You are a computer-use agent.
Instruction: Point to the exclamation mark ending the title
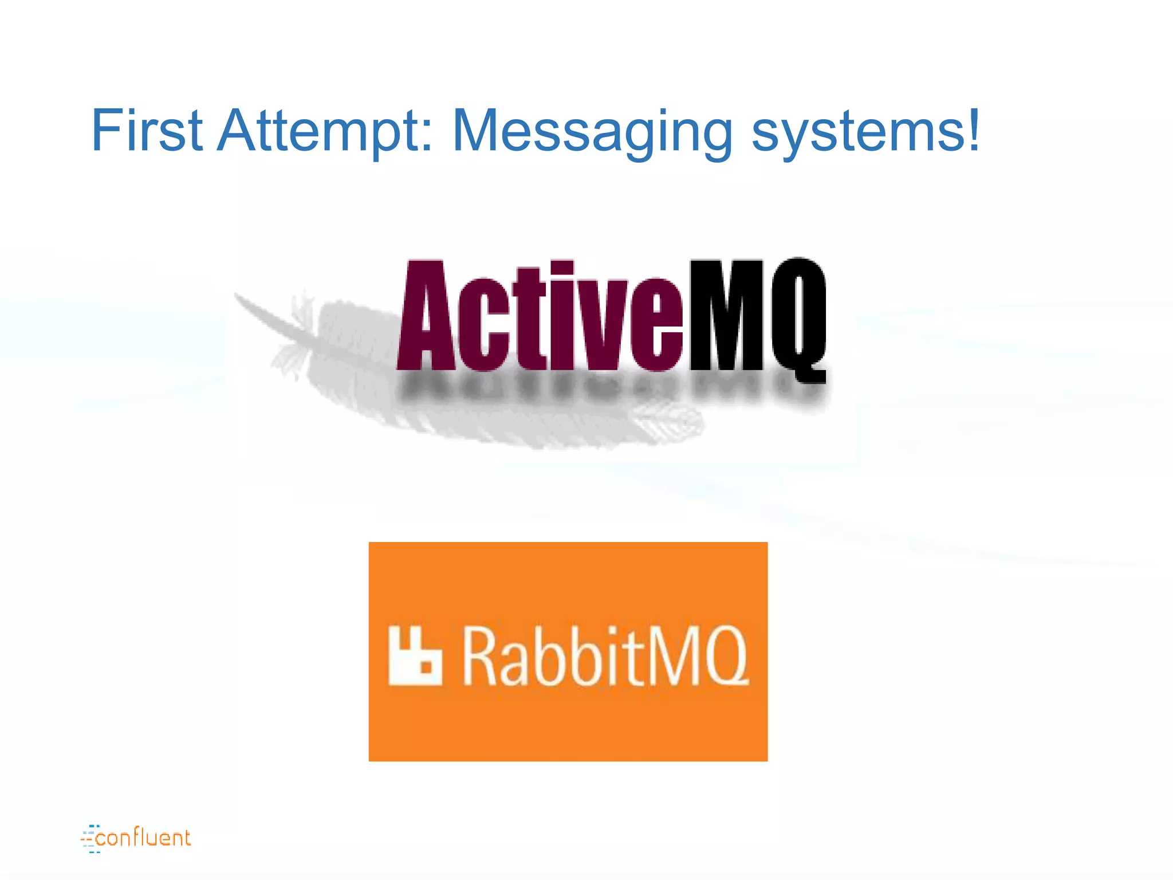[x=972, y=129]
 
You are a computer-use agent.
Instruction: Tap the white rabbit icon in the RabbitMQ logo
[x=415, y=657]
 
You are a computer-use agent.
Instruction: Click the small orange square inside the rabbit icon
[x=426, y=667]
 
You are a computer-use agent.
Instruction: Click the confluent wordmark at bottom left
[x=143, y=838]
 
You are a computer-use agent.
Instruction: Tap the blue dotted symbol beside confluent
[x=90, y=839]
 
